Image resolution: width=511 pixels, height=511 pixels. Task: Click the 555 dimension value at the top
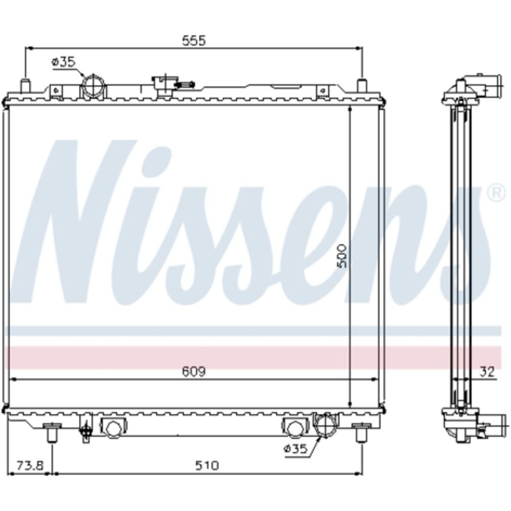(194, 40)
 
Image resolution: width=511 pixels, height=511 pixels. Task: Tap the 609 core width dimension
(194, 371)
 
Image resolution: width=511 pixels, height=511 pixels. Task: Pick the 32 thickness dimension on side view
(487, 371)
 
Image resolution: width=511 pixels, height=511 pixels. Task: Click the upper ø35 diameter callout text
(63, 62)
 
